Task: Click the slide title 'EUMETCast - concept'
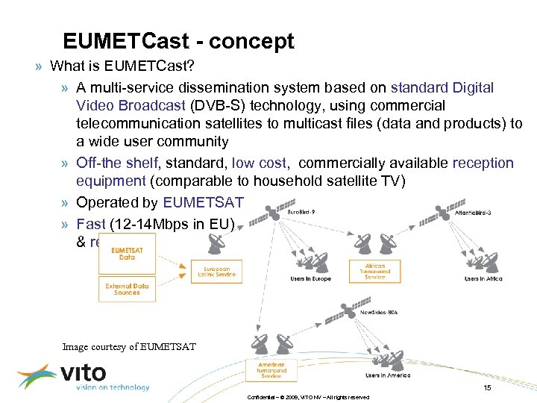(178, 41)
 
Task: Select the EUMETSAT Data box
(128, 254)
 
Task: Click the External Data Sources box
(128, 289)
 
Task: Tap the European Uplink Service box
(216, 271)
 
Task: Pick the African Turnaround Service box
(374, 270)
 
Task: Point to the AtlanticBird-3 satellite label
(473, 213)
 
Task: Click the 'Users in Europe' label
(310, 279)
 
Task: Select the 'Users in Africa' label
(483, 279)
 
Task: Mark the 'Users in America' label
(388, 375)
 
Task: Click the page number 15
(487, 387)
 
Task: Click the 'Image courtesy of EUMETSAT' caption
(128, 346)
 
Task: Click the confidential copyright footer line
(308, 397)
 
